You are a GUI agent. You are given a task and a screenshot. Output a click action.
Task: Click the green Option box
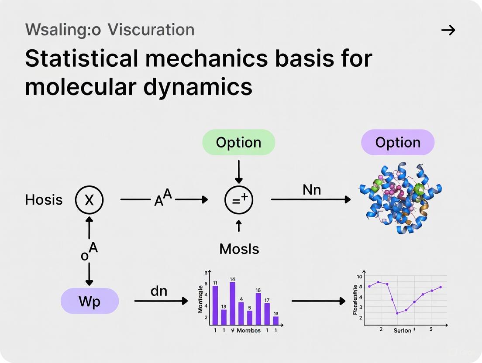point(238,142)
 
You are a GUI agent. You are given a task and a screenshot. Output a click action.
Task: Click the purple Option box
point(397,142)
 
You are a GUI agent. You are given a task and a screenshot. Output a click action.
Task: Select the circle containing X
point(89,200)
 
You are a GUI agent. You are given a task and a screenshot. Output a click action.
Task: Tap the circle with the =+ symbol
point(239,200)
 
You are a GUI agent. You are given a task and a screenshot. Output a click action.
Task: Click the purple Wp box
point(90,301)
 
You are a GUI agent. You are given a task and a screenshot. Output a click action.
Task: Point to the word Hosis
point(44,200)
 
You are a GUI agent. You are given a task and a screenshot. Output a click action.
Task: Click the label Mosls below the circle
point(239,249)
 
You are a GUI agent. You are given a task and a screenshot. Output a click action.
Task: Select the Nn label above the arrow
point(311,189)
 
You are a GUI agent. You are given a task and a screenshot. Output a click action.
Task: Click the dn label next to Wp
point(159,291)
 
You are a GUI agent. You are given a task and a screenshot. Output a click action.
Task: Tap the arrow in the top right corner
point(448,30)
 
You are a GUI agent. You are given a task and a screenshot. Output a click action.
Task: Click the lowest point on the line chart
point(397,313)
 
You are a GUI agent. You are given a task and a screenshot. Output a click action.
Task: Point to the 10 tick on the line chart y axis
point(359,277)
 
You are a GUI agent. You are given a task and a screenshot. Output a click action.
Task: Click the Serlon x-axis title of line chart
point(402,331)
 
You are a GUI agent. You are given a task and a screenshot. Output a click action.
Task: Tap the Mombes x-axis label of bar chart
point(248,330)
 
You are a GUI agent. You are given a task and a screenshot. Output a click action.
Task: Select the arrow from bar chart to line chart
point(318,301)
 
